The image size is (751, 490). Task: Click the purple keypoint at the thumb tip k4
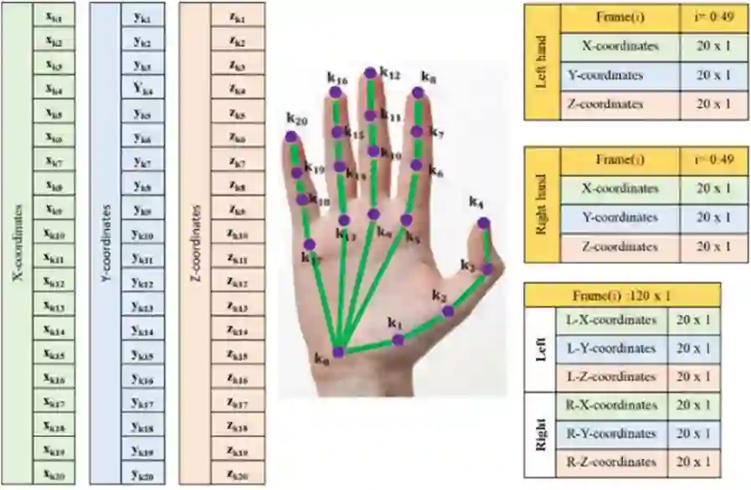(483, 223)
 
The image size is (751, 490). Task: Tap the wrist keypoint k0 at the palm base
(338, 352)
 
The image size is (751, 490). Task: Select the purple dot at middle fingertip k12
(369, 74)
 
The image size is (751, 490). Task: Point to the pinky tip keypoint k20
(291, 137)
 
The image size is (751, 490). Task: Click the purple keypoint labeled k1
(399, 339)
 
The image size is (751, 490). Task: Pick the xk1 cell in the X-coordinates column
(54, 16)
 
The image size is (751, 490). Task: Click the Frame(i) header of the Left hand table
(620, 17)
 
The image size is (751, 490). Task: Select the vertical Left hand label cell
(541, 61)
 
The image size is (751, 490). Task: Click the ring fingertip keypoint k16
(335, 91)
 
